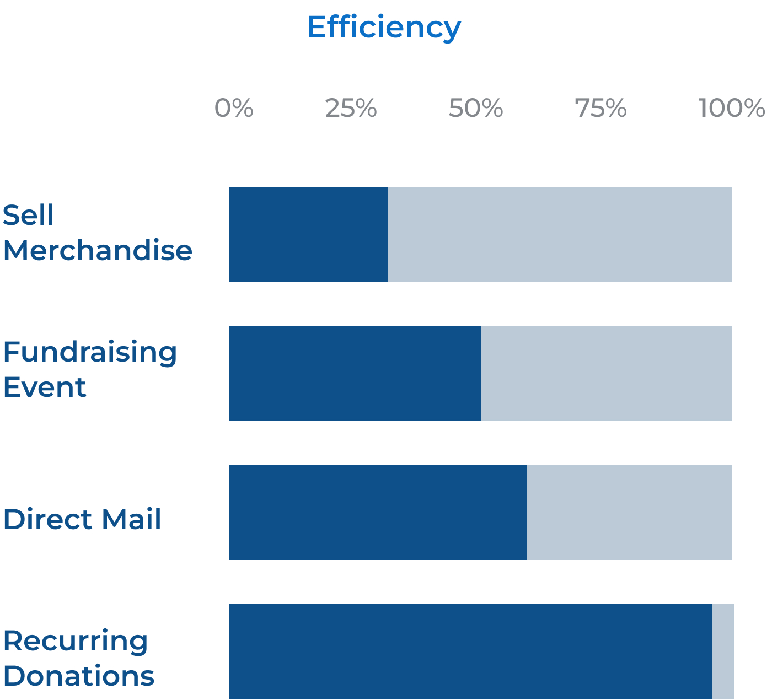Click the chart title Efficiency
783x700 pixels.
384,28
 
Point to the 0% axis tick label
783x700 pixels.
234,109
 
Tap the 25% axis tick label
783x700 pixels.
351,109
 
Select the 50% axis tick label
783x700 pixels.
475,109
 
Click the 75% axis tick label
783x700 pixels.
600,109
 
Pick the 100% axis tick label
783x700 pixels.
731,109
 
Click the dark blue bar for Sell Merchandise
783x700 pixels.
309,235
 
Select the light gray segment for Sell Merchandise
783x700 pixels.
560,235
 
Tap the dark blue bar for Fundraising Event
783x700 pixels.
355,374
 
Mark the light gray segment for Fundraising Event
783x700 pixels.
607,374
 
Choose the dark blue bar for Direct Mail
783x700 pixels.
378,513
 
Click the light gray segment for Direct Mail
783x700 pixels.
630,513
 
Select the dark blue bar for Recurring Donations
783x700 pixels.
471,651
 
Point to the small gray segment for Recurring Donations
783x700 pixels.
723,651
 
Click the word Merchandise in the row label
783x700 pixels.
98,250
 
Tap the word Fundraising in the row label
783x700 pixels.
90,353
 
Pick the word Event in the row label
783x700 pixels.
45,387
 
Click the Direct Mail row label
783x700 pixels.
82,519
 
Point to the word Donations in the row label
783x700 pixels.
79,676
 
